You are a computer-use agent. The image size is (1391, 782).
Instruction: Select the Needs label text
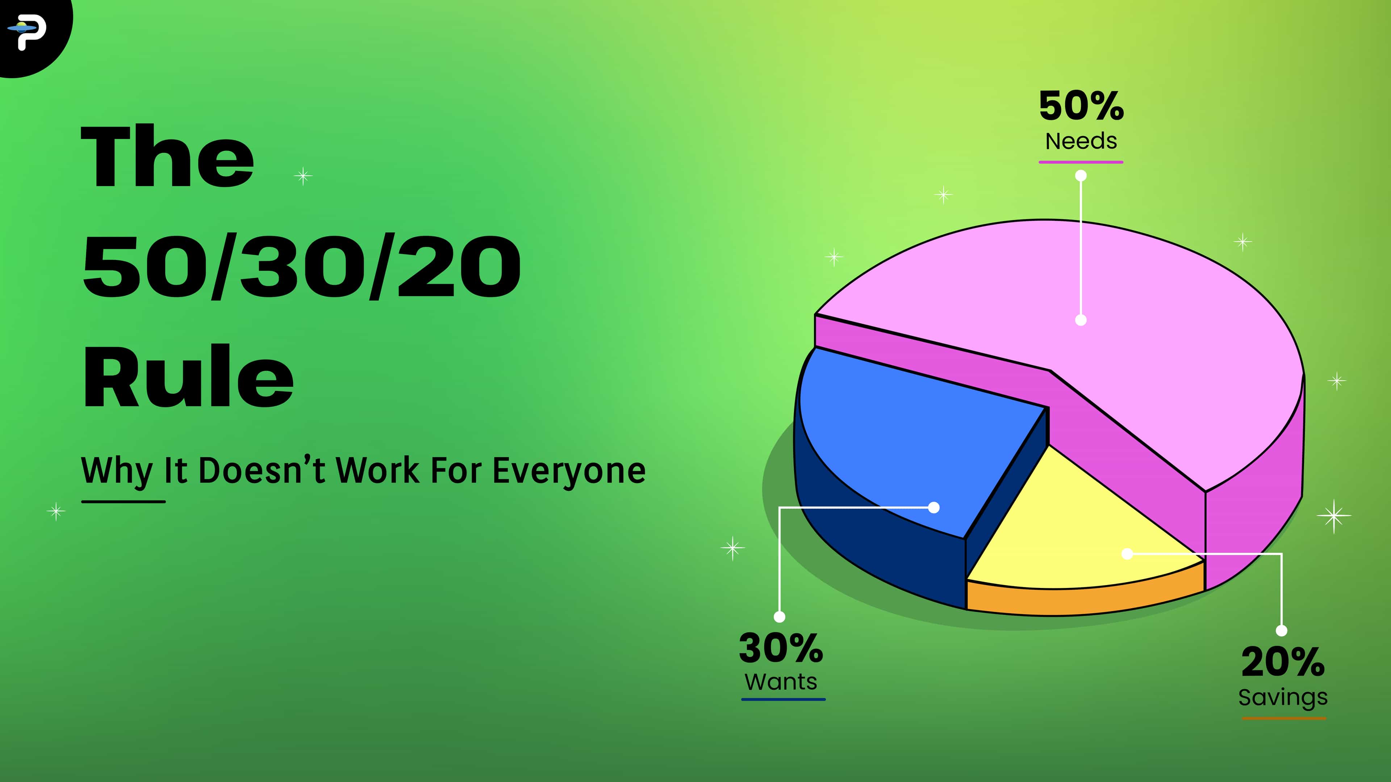1081,142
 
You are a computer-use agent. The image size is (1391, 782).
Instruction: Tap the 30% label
781,648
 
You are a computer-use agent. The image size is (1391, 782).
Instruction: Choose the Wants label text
781,682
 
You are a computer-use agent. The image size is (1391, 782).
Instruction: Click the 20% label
1283,662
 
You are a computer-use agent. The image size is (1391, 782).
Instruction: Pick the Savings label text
1283,697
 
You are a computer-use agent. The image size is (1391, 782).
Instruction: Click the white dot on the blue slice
933,507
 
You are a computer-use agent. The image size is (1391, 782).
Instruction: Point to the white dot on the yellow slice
1127,554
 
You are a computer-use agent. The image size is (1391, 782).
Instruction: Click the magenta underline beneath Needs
1081,162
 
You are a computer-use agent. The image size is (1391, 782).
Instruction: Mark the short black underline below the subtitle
123,501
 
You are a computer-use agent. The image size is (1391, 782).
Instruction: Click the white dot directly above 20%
1281,630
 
